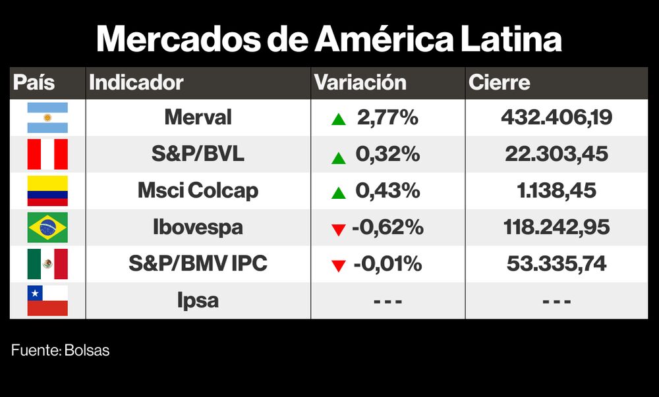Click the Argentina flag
tap(47, 118)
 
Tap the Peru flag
tap(47, 155)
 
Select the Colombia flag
tap(47, 191)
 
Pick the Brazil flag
tap(47, 228)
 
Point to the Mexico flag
tap(47, 264)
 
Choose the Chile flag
tap(47, 301)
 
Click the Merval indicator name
tap(198, 118)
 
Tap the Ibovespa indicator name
tap(198, 228)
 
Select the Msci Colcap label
tap(198, 191)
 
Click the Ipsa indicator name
tap(198, 301)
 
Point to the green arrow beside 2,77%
tap(339, 120)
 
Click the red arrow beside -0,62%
tap(339, 230)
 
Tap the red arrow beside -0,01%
tap(339, 266)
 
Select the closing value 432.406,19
tap(557, 118)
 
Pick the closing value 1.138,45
tap(557, 191)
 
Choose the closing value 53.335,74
tap(557, 264)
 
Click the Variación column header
tap(360, 83)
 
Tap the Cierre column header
tap(499, 83)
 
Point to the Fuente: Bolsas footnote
tap(61, 351)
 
